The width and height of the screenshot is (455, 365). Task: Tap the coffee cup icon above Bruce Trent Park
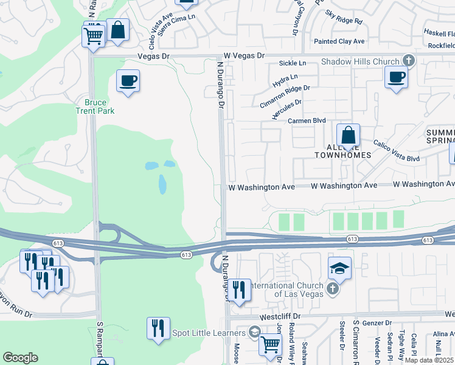128,81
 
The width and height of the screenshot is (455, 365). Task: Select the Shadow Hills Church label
360,61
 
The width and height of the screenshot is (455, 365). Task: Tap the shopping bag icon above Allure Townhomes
348,136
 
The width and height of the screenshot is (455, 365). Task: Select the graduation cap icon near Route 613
339,268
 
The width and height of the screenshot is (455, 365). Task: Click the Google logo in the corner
20,358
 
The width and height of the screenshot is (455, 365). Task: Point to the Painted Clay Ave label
339,41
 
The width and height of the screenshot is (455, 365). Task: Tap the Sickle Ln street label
293,63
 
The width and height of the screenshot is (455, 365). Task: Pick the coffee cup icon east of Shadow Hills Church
396,77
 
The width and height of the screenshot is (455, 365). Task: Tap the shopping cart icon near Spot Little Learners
271,344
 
